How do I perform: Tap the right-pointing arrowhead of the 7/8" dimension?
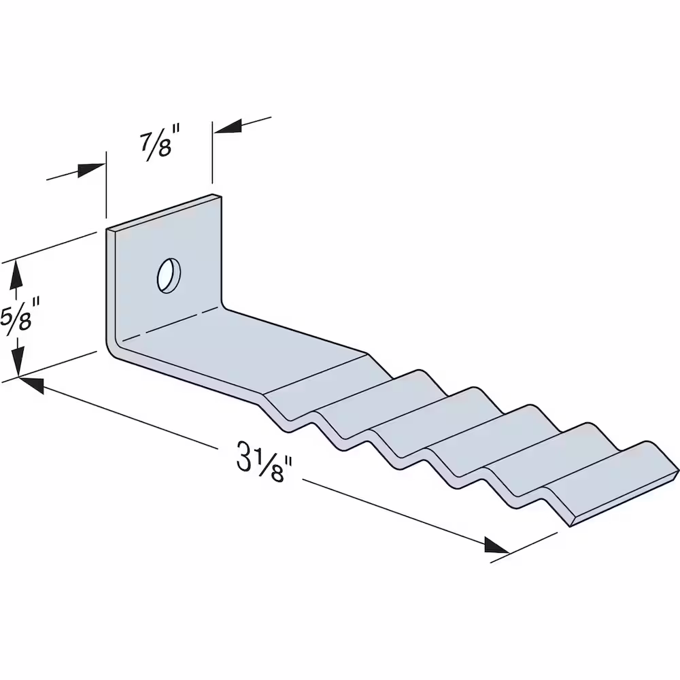click(91, 171)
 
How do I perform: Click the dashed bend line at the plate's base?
click(169, 323)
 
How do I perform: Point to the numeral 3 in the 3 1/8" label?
click(244, 456)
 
